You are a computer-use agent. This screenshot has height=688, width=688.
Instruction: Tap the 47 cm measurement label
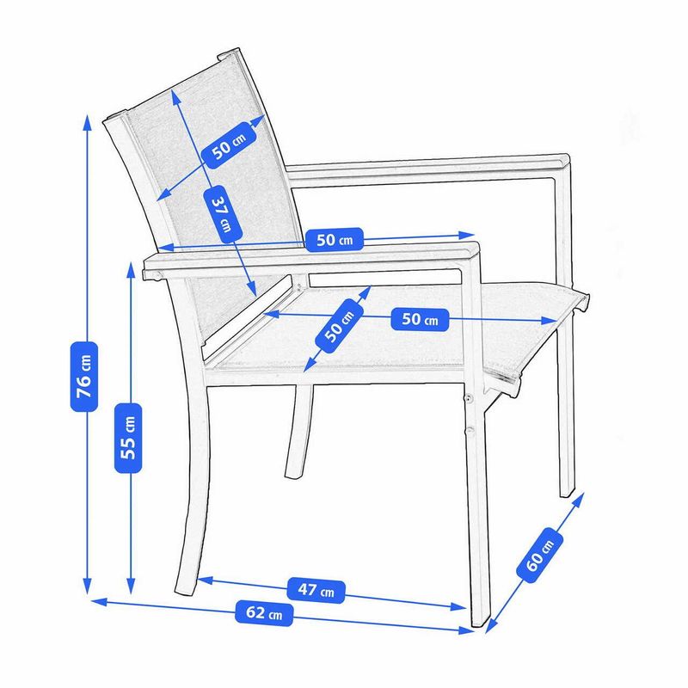(320, 590)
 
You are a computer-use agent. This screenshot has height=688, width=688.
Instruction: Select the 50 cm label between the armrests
(335, 239)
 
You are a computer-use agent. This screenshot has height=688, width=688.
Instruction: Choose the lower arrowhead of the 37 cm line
(255, 294)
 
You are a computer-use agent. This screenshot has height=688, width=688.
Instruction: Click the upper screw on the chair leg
(470, 399)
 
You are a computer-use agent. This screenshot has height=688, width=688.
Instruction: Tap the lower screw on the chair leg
(470, 432)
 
